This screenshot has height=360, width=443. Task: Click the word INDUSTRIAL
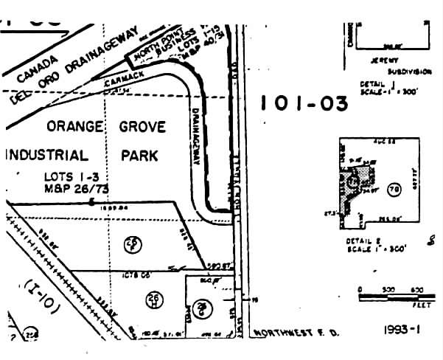click(x=47, y=156)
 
